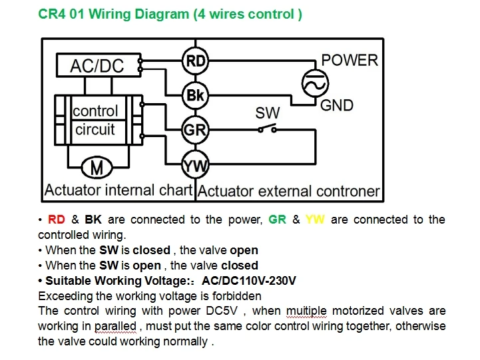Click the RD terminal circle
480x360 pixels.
(x=195, y=61)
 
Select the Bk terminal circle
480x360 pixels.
(x=195, y=95)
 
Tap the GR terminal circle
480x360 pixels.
(x=195, y=130)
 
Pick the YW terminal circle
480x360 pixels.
(x=195, y=165)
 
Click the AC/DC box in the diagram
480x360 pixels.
(x=99, y=65)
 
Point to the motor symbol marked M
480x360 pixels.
(x=97, y=167)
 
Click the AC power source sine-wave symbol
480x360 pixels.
(x=315, y=83)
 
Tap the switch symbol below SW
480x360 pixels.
(x=267, y=128)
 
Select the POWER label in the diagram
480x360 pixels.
(x=350, y=60)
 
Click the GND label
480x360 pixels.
(x=337, y=106)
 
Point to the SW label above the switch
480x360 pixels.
(x=267, y=113)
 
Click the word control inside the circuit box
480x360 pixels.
(x=95, y=110)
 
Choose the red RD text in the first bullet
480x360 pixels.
(x=57, y=220)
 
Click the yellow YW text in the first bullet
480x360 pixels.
(x=315, y=220)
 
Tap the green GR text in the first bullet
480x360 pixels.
(x=278, y=220)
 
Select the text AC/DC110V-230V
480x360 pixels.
(x=249, y=280)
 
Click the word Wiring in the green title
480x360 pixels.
(x=109, y=15)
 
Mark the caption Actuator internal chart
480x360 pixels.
(x=118, y=190)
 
